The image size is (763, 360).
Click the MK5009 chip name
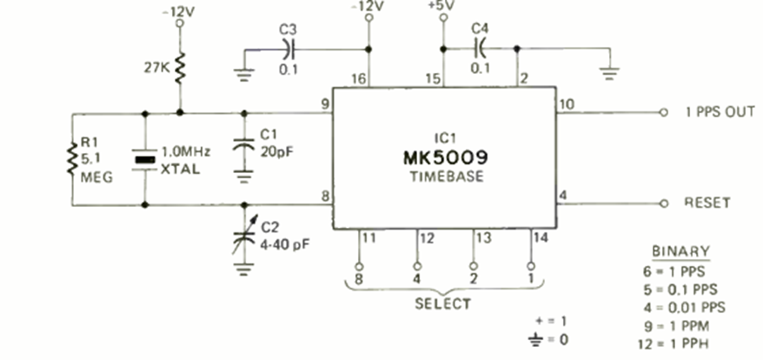(446, 158)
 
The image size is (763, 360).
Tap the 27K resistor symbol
(180, 68)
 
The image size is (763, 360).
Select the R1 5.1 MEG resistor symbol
(72, 159)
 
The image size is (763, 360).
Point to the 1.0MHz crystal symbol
(144, 160)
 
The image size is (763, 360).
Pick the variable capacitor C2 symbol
(244, 237)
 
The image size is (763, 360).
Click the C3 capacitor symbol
(289, 50)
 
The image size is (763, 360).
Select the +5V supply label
(443, 6)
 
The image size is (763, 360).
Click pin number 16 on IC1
(359, 79)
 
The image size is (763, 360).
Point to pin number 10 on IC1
(567, 104)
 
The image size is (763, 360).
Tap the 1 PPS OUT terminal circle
(663, 112)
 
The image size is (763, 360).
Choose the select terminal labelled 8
(359, 266)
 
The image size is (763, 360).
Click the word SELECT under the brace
(443, 304)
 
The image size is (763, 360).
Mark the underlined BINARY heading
(680, 252)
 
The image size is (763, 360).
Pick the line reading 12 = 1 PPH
(673, 343)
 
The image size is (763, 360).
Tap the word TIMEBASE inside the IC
(446, 176)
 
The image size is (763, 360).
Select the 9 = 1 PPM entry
(676, 325)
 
